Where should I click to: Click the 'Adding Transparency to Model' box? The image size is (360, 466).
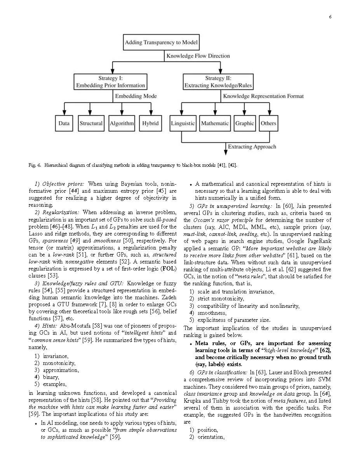(x=161, y=43)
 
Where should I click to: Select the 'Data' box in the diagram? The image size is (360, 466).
(x=64, y=124)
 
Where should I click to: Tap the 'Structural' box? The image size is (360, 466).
(x=91, y=124)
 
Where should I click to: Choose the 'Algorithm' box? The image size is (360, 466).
(x=122, y=124)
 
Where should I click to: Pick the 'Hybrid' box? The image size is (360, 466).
(x=150, y=124)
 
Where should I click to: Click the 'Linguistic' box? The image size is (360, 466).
(x=183, y=124)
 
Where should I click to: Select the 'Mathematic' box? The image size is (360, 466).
(x=215, y=124)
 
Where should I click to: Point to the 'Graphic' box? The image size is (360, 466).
(x=244, y=124)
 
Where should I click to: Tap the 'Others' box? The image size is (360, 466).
(x=268, y=124)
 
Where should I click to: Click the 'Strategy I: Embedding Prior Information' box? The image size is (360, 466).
(x=111, y=82)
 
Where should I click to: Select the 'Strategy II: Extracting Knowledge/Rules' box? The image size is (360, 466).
(x=218, y=82)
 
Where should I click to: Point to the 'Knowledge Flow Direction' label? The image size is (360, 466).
(x=198, y=56)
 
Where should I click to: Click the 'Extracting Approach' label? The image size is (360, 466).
(x=252, y=147)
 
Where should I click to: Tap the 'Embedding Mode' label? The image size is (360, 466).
(x=135, y=96)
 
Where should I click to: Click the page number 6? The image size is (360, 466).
(x=330, y=17)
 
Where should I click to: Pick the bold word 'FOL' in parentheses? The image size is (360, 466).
(x=169, y=269)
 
